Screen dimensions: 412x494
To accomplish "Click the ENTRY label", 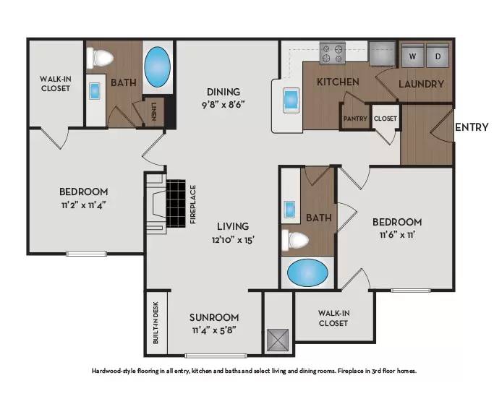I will [x=471, y=128].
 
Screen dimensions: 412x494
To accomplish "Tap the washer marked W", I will [x=412, y=56].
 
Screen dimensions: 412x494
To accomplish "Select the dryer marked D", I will [x=438, y=56].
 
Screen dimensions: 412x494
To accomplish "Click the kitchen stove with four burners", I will [x=333, y=53].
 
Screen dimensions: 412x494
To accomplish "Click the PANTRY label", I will [x=355, y=119].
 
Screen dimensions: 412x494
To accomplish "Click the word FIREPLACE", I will [x=193, y=205].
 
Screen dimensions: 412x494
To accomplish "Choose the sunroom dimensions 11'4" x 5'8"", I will [x=214, y=330].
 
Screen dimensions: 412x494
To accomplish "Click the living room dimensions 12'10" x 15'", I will [x=233, y=239].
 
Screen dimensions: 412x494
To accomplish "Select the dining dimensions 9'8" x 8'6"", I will [x=223, y=104].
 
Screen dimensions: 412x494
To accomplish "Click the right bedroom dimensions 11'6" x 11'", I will [x=396, y=235].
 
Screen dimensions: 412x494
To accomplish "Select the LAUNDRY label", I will [x=421, y=84].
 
